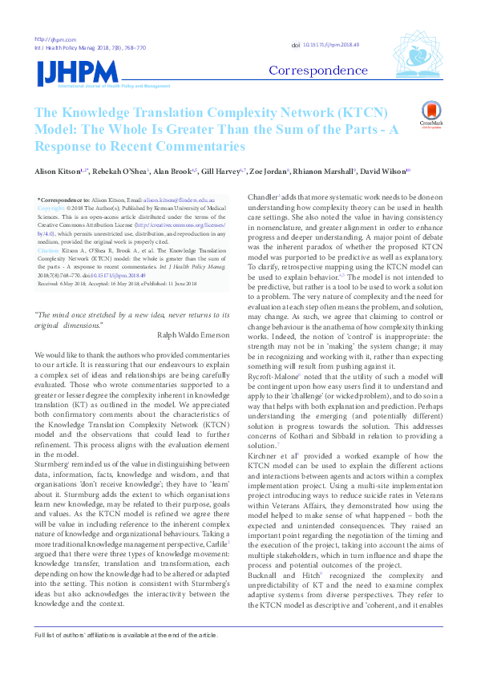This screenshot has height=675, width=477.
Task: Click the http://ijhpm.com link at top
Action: point(50,39)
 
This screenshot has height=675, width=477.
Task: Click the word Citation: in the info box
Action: point(51,251)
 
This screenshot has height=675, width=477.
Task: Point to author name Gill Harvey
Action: point(219,172)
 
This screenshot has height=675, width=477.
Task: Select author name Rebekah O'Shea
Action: point(119,172)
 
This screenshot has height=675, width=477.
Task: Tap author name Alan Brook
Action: point(172,172)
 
